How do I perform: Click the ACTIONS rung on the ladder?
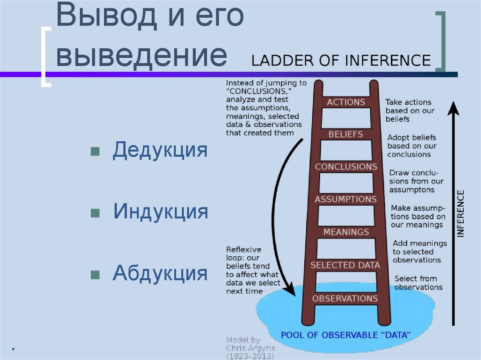pos(346,102)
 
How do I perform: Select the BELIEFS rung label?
pos(346,134)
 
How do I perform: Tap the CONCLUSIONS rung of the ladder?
pos(346,167)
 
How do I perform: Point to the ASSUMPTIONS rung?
pos(346,199)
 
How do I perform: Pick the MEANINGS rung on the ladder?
pos(346,232)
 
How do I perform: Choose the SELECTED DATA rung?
pos(345,265)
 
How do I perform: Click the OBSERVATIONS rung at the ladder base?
pos(345,299)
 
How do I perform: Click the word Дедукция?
pos(160,150)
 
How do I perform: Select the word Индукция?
pos(160,211)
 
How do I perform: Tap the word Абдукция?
pos(160,272)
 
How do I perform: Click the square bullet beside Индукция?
pos(94,213)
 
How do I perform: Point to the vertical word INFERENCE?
pos(460,214)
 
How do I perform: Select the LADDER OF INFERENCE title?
pos(341,61)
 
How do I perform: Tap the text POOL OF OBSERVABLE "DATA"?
pos(346,335)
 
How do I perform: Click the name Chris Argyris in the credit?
pos(250,348)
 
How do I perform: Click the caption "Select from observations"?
pos(418,283)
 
